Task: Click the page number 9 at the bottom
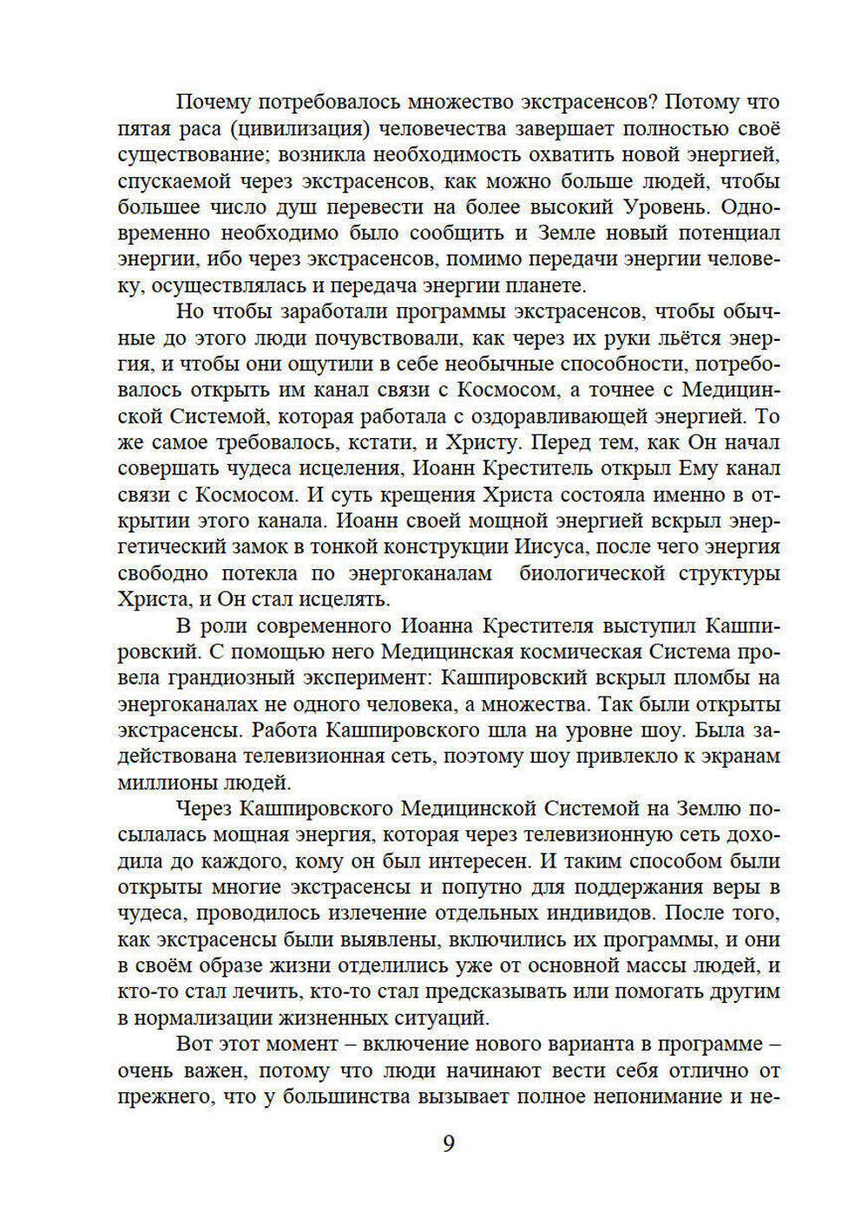(x=448, y=1143)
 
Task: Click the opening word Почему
(x=213, y=102)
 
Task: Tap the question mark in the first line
(x=658, y=101)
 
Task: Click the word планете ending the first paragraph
(x=546, y=285)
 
